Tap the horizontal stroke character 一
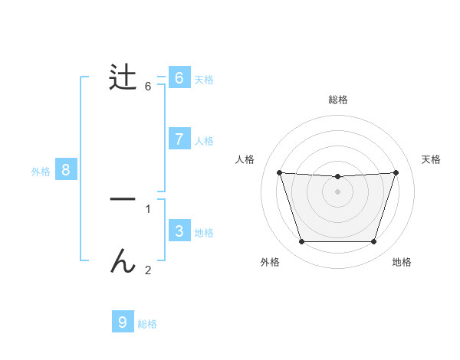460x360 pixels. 123,199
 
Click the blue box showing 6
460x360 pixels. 179,78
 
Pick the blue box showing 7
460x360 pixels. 179,139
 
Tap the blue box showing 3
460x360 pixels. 179,231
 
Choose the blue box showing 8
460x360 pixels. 66,170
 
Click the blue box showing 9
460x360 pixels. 123,322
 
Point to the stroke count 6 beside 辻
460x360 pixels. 148,87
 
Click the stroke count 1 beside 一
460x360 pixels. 148,208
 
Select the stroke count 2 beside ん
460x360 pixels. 148,270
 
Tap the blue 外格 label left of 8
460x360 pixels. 41,172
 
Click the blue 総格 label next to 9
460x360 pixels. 147,324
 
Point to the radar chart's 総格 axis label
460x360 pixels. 337,100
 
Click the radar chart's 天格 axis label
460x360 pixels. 432,159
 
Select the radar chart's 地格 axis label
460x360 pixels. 402,263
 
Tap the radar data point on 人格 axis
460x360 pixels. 279,173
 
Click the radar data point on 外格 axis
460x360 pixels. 301,242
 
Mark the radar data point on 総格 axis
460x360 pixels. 337,177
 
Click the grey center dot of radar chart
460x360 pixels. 337,191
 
